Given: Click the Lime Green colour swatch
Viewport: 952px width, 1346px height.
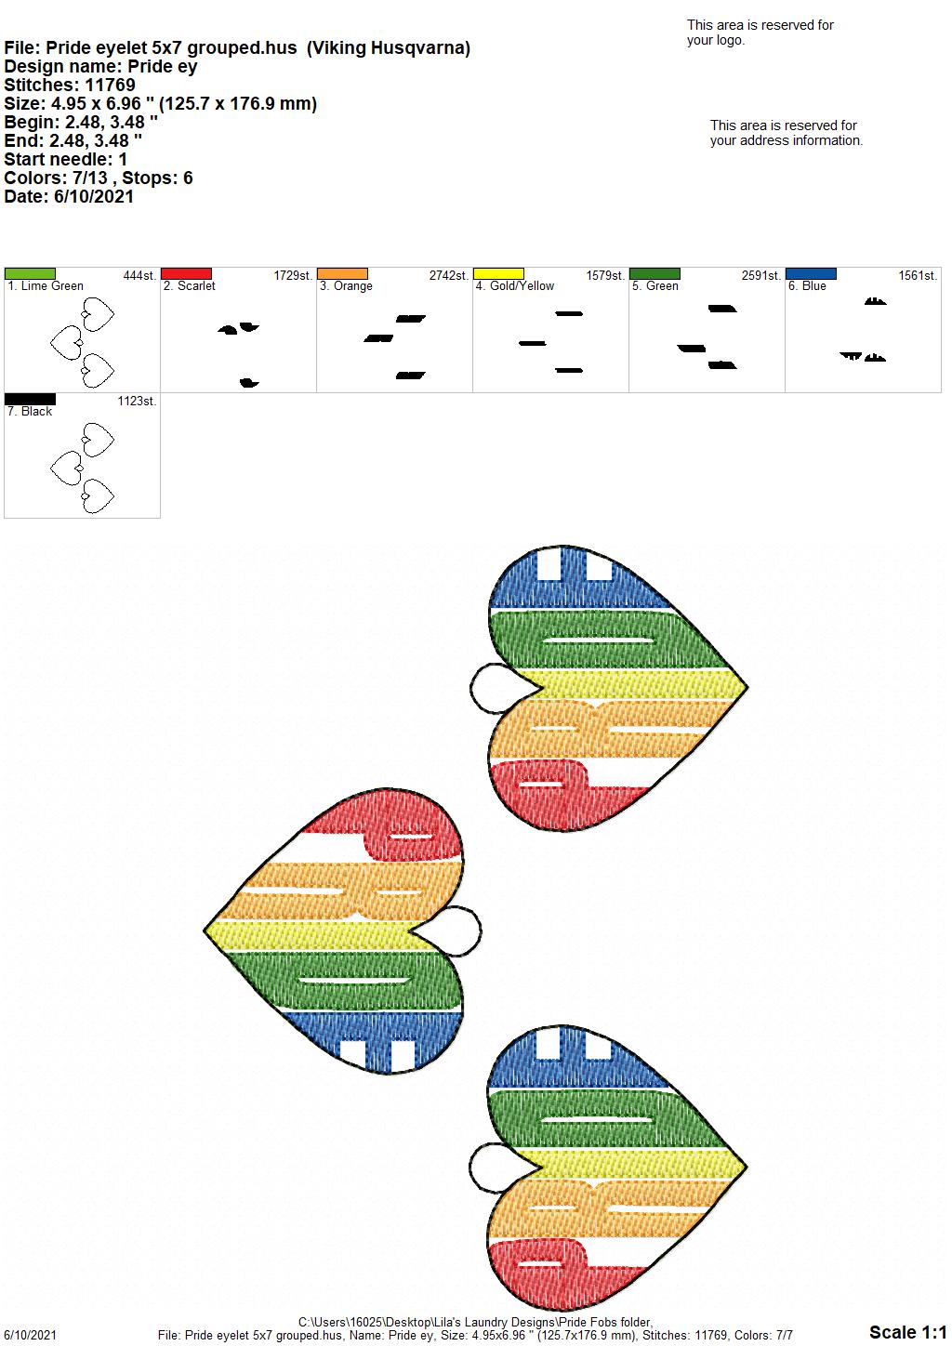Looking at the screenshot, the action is pos(30,273).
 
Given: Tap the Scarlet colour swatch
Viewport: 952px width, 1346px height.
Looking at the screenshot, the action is pos(186,273).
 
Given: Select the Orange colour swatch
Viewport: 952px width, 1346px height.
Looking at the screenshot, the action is pos(342,273).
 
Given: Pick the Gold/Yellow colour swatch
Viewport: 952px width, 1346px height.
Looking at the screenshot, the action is pos(499,273).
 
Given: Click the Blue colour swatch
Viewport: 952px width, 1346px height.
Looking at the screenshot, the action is pos(812,273).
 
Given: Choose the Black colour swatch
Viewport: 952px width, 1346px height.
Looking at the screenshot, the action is pos(30,399).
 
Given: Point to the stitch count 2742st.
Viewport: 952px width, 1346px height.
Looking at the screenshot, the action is pos(448,275).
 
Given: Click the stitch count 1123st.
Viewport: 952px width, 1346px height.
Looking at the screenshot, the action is pos(137,401).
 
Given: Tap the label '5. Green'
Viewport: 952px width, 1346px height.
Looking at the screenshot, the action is pos(655,286).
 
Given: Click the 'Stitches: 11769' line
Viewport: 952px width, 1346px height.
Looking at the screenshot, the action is pos(70,85).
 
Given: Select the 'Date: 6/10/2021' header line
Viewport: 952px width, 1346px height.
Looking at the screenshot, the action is pos(69,196).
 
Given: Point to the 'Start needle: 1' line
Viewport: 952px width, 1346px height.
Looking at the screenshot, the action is pos(65,159).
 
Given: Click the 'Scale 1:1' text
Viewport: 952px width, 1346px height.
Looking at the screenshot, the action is pos(908,1332).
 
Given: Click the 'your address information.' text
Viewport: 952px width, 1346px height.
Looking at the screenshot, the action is pos(787,140).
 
